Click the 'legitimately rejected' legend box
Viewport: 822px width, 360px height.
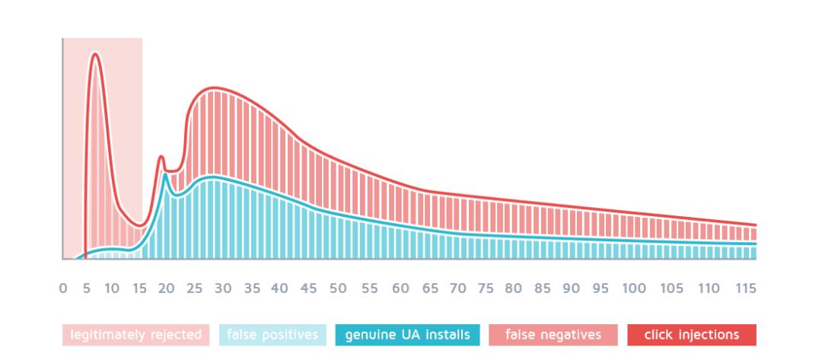point(136,335)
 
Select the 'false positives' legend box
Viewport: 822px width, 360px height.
point(272,335)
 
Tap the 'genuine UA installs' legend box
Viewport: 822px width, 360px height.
point(407,335)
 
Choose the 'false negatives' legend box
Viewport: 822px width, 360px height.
point(553,335)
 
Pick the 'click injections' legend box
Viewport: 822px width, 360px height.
point(692,335)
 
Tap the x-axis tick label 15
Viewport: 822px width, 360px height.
point(139,288)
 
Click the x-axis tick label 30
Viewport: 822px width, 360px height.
point(223,288)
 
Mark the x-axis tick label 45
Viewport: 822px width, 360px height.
point(308,288)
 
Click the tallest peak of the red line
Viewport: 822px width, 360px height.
point(95,53)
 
